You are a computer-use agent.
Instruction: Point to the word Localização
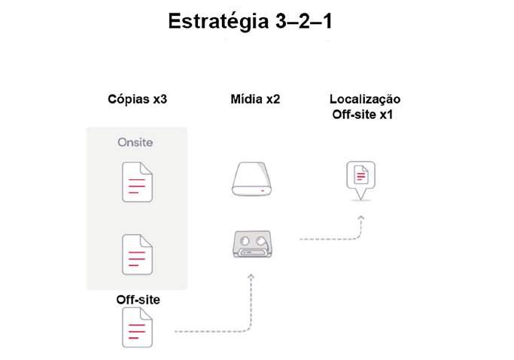pos(365,99)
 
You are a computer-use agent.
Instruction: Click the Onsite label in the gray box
pos(136,142)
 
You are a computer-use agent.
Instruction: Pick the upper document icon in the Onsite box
pos(138,182)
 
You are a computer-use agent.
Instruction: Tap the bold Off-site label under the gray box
pos(138,300)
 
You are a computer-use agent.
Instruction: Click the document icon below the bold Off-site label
pos(138,328)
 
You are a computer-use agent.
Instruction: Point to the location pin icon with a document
pos(360,178)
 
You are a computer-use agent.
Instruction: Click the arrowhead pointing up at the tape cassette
pos(251,278)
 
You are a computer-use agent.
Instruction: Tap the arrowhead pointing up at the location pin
pos(360,218)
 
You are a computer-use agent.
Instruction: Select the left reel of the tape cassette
pos(242,242)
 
